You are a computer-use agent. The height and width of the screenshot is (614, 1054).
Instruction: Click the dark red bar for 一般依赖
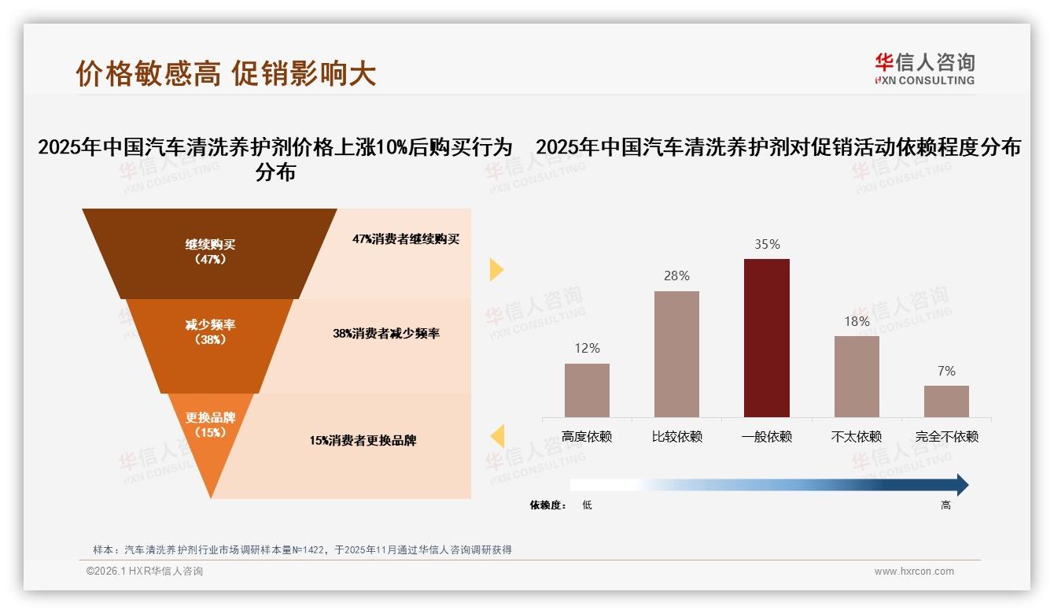(x=767, y=338)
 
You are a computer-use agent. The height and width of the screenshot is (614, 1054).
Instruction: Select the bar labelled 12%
(x=587, y=390)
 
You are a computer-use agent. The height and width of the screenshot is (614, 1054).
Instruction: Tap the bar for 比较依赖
(x=676, y=353)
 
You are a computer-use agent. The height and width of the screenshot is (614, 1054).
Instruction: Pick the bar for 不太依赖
(x=857, y=376)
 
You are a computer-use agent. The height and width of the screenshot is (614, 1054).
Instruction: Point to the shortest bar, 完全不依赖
(x=946, y=401)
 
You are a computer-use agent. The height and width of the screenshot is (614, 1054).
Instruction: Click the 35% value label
(x=767, y=244)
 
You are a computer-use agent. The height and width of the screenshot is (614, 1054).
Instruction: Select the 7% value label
(x=946, y=371)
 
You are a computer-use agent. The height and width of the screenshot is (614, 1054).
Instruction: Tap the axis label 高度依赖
(x=587, y=436)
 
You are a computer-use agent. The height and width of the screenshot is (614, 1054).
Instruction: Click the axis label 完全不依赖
(x=946, y=436)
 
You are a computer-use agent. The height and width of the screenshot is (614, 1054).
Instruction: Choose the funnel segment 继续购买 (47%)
(x=210, y=252)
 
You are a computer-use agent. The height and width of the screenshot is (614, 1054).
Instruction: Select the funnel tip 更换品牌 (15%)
(x=210, y=425)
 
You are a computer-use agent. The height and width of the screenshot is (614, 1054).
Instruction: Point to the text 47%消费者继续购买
(x=406, y=239)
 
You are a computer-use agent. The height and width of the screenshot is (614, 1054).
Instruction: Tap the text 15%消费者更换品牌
(x=363, y=440)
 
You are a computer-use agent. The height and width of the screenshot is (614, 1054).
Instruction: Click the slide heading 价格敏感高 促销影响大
(x=226, y=73)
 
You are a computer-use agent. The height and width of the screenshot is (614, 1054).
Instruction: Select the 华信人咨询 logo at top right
(x=924, y=68)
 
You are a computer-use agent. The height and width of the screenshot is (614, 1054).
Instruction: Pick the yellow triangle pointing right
(x=496, y=269)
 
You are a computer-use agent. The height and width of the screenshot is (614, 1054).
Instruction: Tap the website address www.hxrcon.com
(x=914, y=571)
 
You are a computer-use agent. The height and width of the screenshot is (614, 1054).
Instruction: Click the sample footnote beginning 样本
(x=302, y=549)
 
